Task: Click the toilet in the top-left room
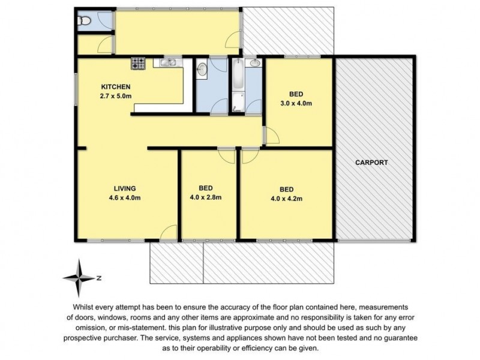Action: [x=85, y=22]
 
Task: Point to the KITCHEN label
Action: [x=115, y=86]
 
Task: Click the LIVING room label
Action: [x=125, y=187]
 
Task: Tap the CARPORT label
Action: [x=371, y=163]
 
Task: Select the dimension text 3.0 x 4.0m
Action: [x=296, y=103]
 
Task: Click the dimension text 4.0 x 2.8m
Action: [x=206, y=197]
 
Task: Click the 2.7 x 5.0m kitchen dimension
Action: [x=115, y=95]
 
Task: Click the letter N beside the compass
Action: [x=98, y=277]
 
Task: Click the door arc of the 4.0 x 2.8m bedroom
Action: [x=226, y=155]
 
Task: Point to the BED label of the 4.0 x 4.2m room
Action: [x=286, y=187]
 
